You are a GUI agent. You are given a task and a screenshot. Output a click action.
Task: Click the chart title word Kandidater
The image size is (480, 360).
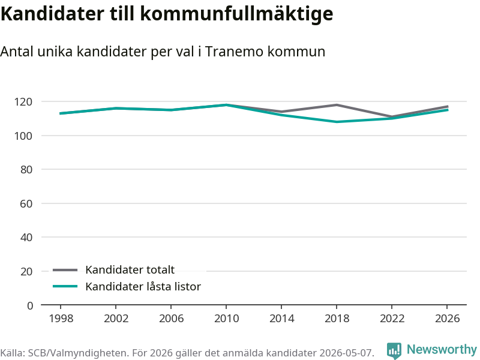[x=52, y=13]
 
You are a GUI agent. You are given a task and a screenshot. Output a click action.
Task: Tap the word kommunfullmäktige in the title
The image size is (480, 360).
[x=236, y=14]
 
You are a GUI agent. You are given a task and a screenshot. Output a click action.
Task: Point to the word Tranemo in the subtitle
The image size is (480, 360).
[x=234, y=52]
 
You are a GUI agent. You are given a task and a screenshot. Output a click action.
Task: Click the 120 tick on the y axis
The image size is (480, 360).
[x=23, y=101]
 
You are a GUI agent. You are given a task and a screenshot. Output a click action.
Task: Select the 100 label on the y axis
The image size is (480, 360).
[x=23, y=136]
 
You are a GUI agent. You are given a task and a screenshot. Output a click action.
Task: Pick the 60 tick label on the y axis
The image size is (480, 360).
[x=26, y=203]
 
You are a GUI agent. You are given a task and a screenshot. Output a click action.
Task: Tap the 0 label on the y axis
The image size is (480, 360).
[x=29, y=305]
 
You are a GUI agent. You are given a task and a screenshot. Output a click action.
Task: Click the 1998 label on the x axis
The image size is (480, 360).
[x=61, y=319]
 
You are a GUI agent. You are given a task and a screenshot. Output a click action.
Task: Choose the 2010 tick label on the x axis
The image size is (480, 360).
[x=226, y=319]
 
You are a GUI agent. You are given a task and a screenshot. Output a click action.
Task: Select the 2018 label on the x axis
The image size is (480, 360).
[x=337, y=319]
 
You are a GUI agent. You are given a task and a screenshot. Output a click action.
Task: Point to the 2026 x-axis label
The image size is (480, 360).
[x=447, y=319]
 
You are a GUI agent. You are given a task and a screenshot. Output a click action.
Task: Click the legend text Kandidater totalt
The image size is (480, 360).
[x=130, y=269]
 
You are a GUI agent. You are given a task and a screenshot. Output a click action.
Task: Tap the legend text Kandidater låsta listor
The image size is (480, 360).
[x=143, y=287]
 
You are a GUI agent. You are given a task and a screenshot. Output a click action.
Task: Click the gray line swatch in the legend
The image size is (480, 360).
[x=65, y=270]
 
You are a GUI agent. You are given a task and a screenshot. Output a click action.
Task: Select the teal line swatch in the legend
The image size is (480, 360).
[x=65, y=287]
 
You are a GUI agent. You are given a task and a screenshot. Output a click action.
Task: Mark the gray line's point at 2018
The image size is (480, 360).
[x=337, y=105]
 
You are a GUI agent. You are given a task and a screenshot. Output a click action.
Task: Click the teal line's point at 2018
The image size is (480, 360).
[x=337, y=122]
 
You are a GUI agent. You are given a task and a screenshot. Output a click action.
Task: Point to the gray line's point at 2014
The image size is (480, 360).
[x=281, y=112]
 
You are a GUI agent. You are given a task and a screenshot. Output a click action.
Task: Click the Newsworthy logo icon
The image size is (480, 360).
[x=394, y=350]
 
